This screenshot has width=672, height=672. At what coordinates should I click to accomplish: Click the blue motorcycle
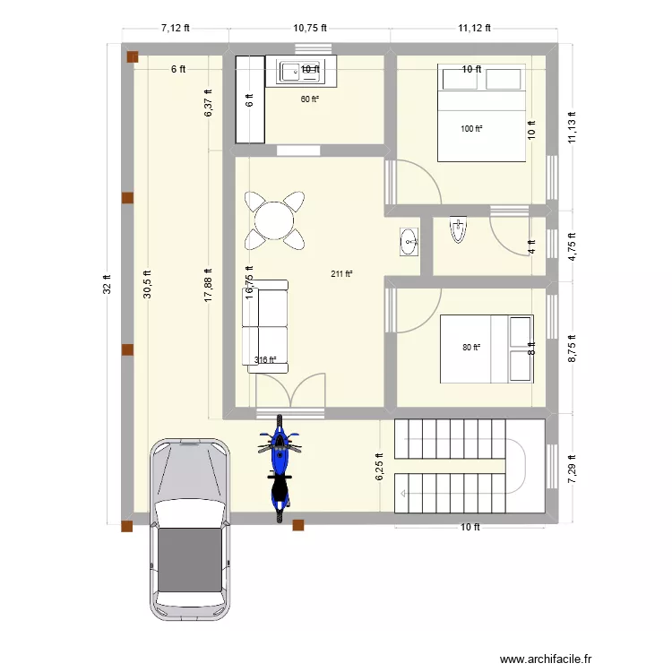coord(280,469)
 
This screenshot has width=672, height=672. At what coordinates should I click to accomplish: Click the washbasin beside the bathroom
coord(409,240)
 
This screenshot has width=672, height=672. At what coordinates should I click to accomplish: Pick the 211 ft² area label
coord(341,274)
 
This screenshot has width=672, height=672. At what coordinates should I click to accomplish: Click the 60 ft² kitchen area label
coord(309,99)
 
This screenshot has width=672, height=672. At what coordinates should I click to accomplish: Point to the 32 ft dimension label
coord(107,285)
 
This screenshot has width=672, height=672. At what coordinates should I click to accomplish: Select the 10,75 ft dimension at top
coord(310,28)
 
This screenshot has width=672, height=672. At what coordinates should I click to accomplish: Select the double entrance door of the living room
coord(289,392)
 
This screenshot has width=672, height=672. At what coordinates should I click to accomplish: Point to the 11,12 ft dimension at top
coord(474,28)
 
